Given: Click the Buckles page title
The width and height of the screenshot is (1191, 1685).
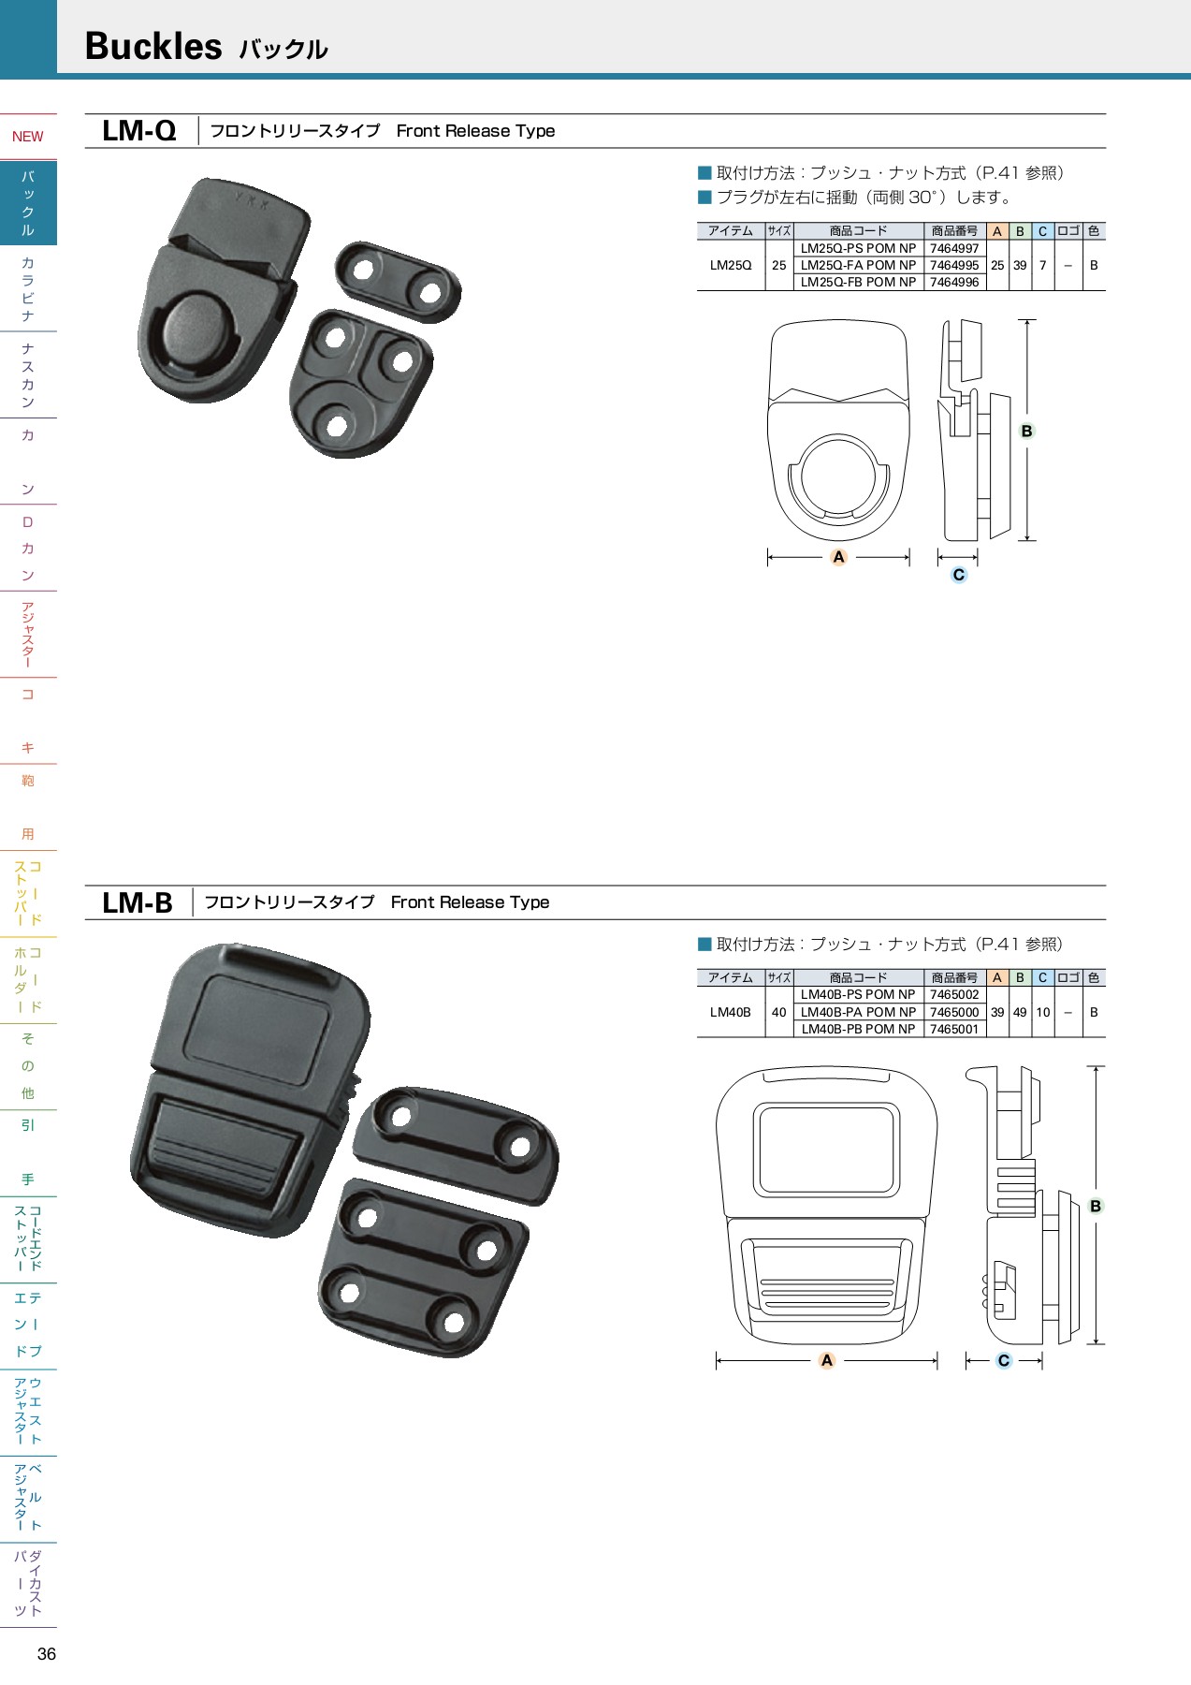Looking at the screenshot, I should tap(153, 46).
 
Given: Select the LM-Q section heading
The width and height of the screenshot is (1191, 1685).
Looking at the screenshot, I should tap(138, 131).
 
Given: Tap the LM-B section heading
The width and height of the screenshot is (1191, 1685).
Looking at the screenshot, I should tap(137, 902).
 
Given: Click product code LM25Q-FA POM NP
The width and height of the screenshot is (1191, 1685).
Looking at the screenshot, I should tap(858, 265).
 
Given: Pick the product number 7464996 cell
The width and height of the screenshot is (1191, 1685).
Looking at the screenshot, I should tap(953, 282).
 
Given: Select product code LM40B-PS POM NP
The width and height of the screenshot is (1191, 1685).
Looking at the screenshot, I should tap(858, 994).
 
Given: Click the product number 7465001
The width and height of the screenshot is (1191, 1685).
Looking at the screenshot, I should tap(953, 1029).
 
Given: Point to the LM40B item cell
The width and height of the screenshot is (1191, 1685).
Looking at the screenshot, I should tap(730, 1012).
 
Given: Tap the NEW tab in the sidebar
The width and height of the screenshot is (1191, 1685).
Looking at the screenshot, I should tap(28, 137).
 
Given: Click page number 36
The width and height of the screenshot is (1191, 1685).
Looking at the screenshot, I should tap(47, 1654).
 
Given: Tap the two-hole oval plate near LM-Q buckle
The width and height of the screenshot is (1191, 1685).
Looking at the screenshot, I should tap(398, 281).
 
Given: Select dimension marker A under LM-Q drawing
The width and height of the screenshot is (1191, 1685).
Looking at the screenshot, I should tap(838, 557).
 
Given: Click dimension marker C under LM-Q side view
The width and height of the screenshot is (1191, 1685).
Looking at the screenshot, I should tap(958, 575).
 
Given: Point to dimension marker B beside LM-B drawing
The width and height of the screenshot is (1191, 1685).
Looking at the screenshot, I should tap(1096, 1206).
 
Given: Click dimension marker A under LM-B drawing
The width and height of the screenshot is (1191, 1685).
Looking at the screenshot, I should tap(826, 1360).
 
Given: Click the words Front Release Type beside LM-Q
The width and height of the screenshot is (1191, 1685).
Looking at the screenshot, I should tap(475, 131).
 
